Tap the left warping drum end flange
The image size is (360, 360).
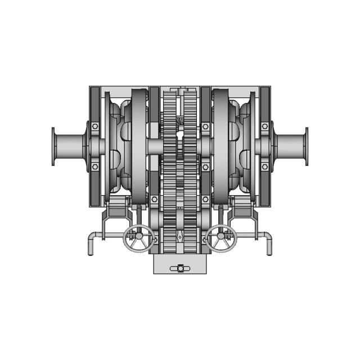coord(53,146)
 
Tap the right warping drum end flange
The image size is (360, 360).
coord(307,146)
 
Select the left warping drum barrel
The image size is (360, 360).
coord(70,146)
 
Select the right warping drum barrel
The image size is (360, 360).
coord(290,146)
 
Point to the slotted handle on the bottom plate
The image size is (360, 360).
coord(180,269)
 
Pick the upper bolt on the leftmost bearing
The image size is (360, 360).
coord(95,126)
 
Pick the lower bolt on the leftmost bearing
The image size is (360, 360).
coord(95,166)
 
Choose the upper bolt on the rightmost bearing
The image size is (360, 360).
coord(265,126)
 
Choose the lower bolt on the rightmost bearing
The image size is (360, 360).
coord(265,166)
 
